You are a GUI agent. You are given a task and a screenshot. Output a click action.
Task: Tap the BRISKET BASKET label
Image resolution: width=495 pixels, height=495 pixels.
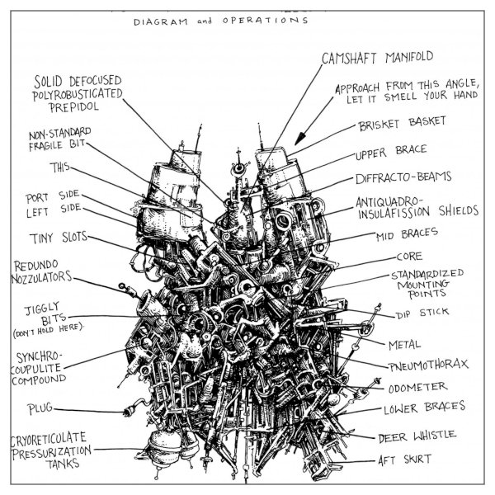tap(403, 124)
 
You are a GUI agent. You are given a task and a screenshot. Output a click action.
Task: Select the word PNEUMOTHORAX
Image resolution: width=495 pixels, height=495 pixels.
tap(424, 364)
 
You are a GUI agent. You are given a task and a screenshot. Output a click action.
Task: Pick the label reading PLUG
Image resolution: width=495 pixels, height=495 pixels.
tap(40, 408)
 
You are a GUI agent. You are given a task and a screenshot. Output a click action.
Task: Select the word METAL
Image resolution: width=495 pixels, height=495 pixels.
tap(405, 343)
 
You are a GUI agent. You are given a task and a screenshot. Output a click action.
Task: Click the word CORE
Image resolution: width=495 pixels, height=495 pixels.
tap(409, 257)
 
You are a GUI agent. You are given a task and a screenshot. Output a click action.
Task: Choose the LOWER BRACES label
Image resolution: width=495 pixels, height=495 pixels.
tap(424, 408)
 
